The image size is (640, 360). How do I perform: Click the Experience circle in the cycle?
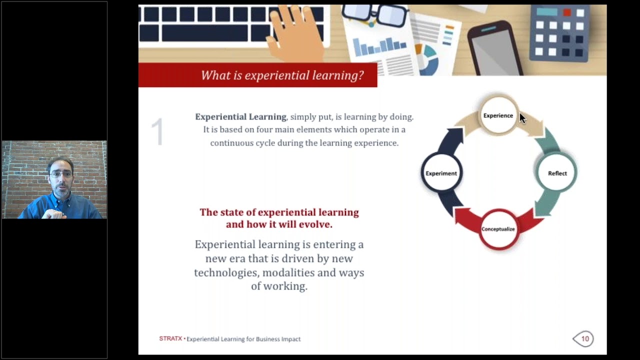(498, 115)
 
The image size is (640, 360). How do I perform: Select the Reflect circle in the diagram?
(557, 173)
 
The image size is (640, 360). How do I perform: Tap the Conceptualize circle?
(498, 229)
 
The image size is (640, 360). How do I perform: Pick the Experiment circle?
(441, 173)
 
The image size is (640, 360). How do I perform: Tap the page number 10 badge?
(583, 339)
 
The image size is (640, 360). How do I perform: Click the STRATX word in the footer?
(170, 338)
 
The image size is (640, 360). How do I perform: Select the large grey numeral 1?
(157, 132)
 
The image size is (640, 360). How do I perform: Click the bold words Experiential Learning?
(240, 116)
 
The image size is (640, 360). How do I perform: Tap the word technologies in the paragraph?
(226, 272)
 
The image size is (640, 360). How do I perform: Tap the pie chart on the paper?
(426, 58)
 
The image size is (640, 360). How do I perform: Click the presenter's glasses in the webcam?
(61, 174)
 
